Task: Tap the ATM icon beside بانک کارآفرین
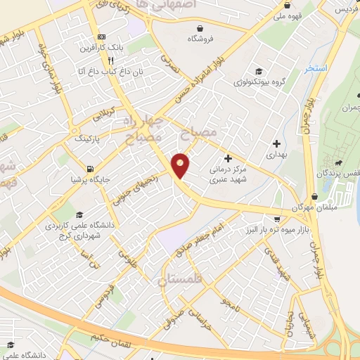103,37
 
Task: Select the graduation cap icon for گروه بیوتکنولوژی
259,71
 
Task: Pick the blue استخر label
316,69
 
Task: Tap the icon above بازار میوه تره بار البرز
277,219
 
